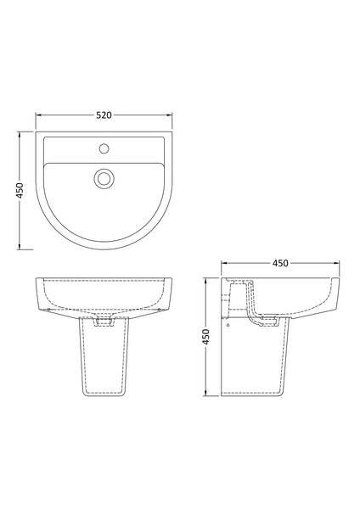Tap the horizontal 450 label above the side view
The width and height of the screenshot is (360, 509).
tap(279, 263)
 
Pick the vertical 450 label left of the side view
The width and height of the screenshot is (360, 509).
tap(205, 337)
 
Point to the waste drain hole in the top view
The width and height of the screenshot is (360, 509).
tap(105, 177)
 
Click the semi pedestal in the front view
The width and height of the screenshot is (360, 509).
tap(105, 365)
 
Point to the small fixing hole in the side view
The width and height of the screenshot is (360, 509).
tap(228, 321)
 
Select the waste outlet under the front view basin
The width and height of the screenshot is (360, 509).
tap(105, 322)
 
